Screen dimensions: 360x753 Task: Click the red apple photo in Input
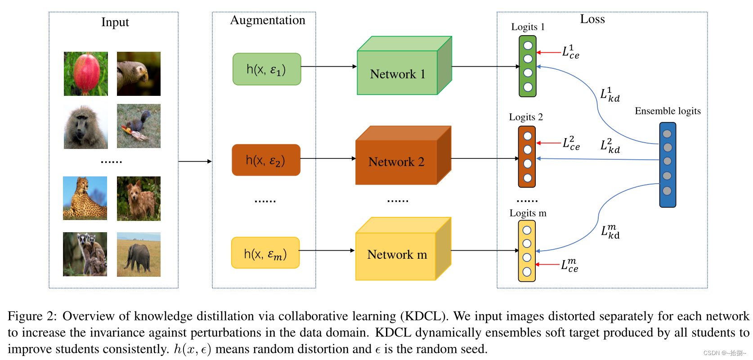point(86,74)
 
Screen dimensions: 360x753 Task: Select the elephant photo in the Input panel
point(139,254)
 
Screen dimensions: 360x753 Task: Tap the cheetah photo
point(85,198)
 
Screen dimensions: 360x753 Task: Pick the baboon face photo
point(86,127)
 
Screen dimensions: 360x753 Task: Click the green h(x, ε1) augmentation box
point(267,69)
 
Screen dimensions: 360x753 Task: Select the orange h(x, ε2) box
point(266,160)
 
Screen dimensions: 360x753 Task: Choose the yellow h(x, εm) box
point(265,253)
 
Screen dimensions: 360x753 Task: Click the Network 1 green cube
point(398,73)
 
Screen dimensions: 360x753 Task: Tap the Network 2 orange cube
point(396,162)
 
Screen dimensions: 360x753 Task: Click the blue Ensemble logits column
point(668,165)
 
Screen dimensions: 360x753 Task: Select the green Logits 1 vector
point(528,67)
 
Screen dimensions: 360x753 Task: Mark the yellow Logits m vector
point(527,251)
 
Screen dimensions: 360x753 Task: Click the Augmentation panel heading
point(268,20)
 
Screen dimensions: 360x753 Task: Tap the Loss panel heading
point(592,19)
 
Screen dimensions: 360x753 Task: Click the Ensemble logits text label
point(668,111)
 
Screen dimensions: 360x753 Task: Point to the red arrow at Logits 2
point(549,143)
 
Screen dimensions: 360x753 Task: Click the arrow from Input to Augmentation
point(195,161)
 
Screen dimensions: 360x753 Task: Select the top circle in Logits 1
point(528,45)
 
